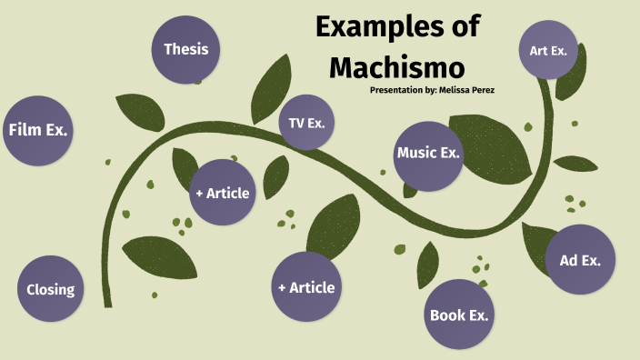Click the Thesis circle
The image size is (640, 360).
tap(185, 49)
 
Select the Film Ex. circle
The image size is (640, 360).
tap(38, 130)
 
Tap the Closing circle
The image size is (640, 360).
tap(50, 290)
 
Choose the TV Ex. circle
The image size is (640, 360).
tap(306, 123)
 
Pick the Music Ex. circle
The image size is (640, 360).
tap(428, 154)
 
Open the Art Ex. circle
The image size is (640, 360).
tap(547, 50)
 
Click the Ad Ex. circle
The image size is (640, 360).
tap(580, 260)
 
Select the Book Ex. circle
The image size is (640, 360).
tap(459, 315)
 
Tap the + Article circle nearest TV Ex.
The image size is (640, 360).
tap(221, 193)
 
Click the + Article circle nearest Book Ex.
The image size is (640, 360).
tap(306, 287)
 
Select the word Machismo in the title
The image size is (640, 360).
tap(397, 66)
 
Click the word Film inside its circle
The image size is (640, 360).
tap(25, 130)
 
